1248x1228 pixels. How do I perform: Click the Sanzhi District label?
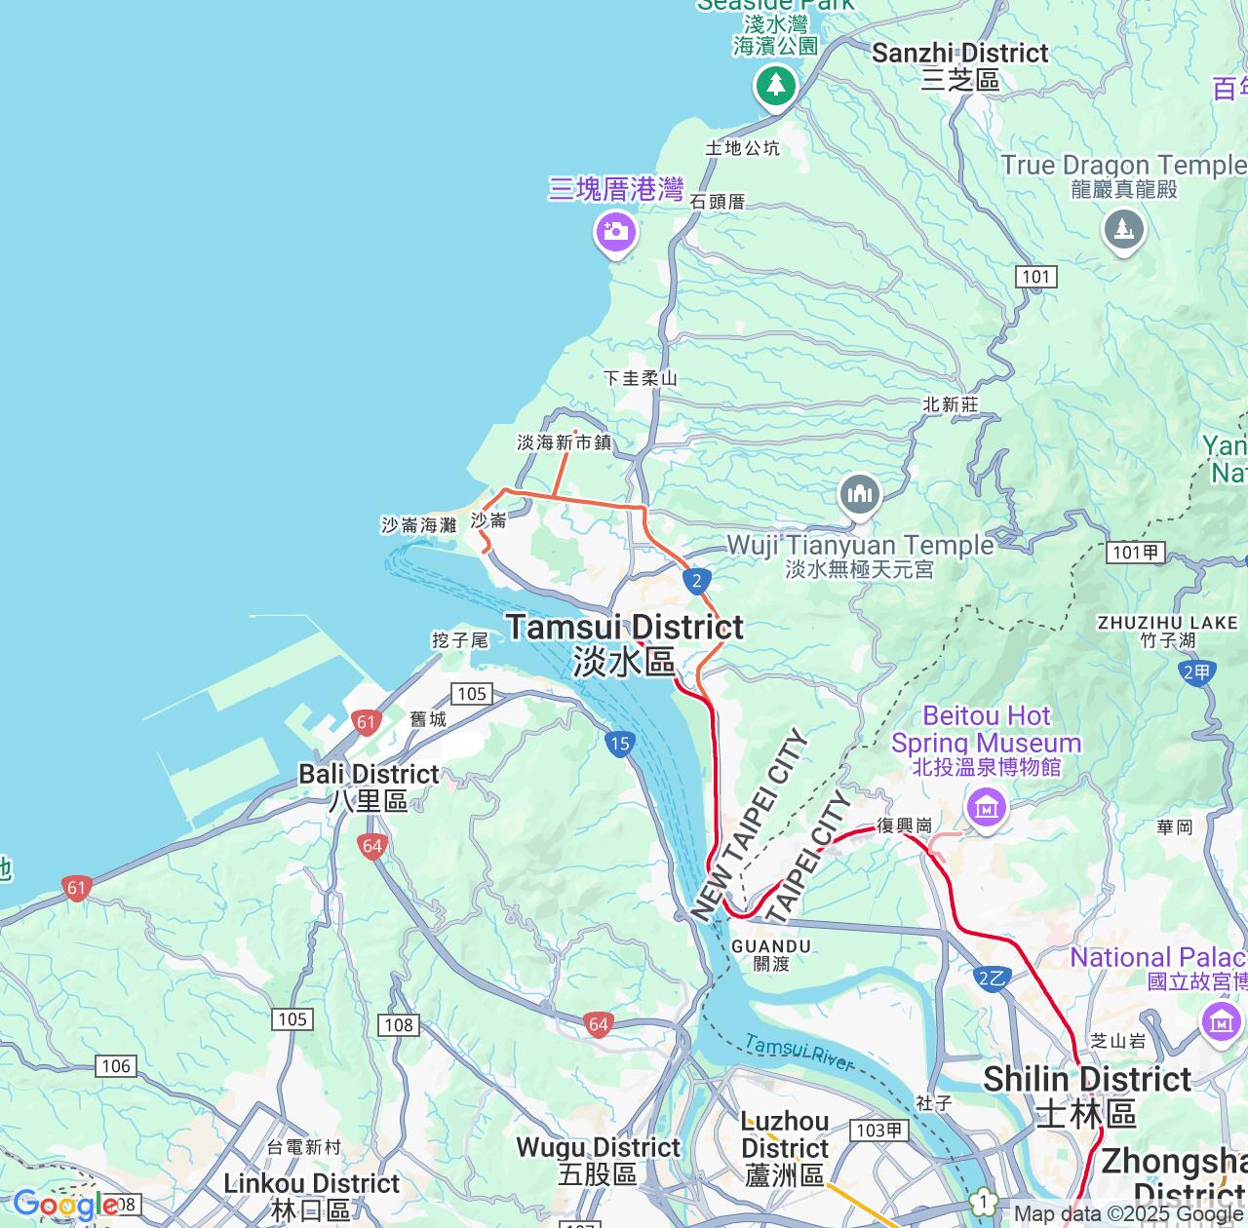click(959, 65)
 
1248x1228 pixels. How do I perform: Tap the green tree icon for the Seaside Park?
click(775, 85)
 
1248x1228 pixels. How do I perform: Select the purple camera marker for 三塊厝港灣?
click(616, 232)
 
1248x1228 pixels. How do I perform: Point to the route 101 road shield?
click(1035, 277)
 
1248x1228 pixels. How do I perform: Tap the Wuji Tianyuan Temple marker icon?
click(859, 495)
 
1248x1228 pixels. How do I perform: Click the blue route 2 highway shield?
click(695, 582)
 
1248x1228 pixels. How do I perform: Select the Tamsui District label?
click(624, 643)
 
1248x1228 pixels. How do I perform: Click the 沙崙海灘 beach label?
click(418, 525)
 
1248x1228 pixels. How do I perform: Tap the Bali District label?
click(369, 787)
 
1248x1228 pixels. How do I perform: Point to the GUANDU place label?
click(771, 954)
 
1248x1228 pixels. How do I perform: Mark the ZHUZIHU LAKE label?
click(1167, 631)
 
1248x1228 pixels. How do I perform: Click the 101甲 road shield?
click(1136, 553)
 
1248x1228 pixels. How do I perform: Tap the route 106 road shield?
click(116, 1066)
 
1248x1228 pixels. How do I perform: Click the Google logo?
click(65, 1205)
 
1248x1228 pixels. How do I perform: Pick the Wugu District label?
click(598, 1160)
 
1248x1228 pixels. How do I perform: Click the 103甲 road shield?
click(879, 1131)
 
